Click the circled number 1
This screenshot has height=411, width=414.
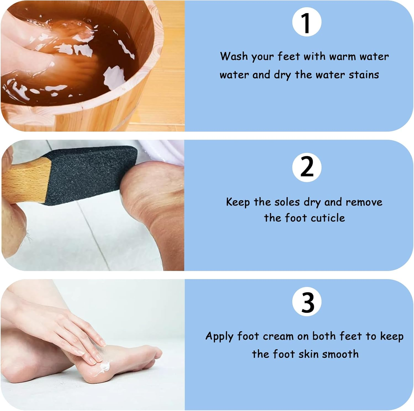[307, 22]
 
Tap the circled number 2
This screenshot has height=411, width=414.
[307, 167]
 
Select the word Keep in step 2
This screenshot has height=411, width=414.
[238, 202]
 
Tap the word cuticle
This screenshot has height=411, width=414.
[328, 218]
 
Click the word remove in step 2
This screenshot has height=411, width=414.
[364, 202]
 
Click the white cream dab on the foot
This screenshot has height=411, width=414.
[105, 367]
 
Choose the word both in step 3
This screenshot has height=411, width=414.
[324, 336]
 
